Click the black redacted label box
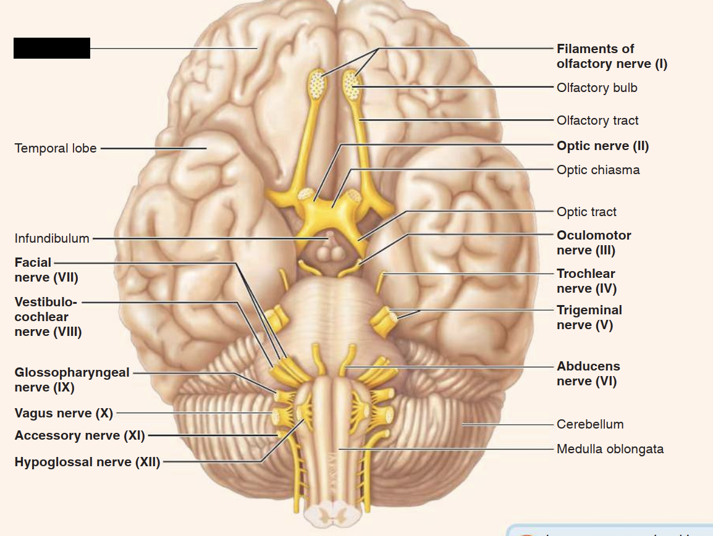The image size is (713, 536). point(52,48)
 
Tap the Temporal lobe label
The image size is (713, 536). point(56,148)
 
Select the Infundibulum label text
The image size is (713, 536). point(52,238)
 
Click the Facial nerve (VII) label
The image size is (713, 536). point(46,270)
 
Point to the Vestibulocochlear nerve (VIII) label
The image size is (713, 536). point(48,317)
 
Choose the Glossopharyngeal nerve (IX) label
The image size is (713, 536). point(72,380)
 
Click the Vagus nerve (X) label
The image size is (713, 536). point(64,412)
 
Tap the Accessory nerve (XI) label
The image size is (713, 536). point(80,435)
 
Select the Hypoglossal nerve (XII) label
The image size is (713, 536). point(87,462)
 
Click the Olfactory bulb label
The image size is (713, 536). point(597,88)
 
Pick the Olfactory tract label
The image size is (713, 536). point(597,120)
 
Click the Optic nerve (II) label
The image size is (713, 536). point(602,146)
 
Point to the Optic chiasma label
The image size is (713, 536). point(598,170)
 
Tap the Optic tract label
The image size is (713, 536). point(586,212)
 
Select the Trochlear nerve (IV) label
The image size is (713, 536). point(586,281)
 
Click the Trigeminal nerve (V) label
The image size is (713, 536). point(589,317)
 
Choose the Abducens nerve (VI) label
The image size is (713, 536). point(588,374)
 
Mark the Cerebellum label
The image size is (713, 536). point(590,424)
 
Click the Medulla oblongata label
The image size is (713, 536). point(610,449)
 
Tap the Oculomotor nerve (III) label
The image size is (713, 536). point(594,243)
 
